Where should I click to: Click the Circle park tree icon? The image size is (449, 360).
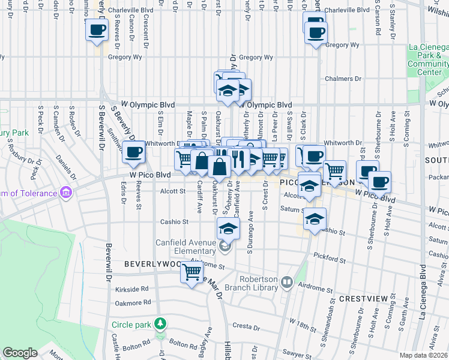pos(160,325)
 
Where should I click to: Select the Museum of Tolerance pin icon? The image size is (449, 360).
pos(66,193)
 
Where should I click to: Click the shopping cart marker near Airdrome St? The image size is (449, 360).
pos(192,274)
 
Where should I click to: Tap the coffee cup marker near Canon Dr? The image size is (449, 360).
pos(97,29)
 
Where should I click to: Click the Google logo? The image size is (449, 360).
pos(20,353)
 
